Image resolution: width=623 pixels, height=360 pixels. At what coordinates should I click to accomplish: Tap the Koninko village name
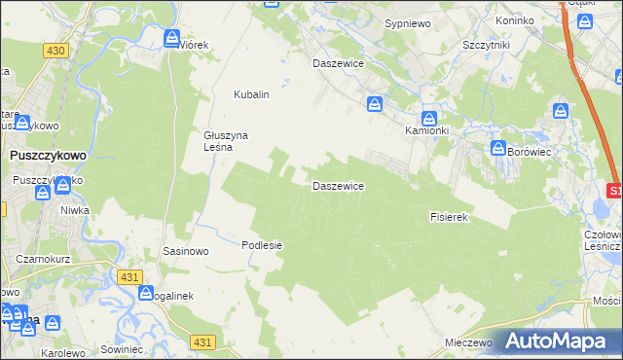515,20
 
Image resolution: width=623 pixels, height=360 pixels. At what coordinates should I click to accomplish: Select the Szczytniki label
488,46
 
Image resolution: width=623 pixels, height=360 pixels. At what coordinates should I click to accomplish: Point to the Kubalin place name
250,94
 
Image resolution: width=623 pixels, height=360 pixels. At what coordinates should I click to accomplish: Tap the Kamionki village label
426,129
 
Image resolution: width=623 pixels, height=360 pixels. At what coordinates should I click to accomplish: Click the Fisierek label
450,217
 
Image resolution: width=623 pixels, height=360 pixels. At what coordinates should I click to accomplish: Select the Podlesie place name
262,245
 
